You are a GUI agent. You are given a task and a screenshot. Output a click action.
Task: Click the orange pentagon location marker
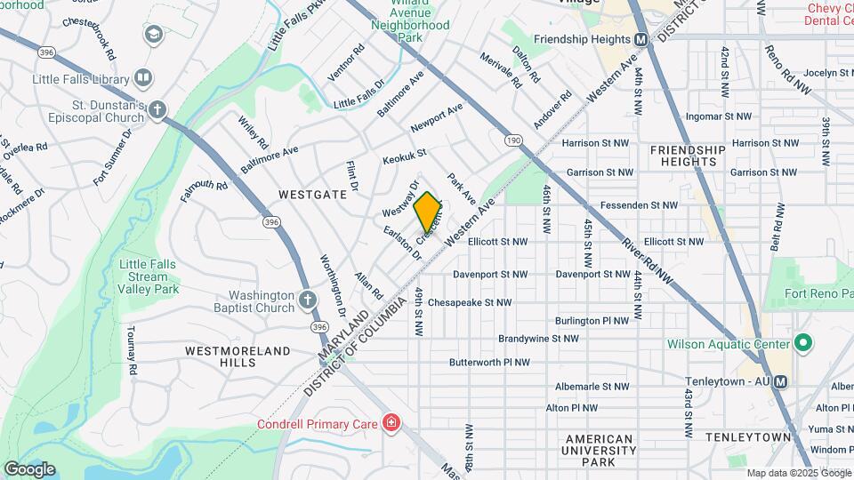[x=428, y=212]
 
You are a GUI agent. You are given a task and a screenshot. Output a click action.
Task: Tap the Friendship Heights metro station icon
[x=640, y=39]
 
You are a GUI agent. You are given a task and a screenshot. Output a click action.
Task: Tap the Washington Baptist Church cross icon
[x=307, y=301]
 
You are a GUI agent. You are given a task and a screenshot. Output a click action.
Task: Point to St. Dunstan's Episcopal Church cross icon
[x=157, y=110]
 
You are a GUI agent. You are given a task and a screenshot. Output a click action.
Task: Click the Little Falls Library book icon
[x=141, y=79]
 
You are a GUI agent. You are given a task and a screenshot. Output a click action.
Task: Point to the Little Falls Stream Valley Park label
[x=149, y=276]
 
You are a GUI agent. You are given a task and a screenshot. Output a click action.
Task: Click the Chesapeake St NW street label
[x=470, y=302]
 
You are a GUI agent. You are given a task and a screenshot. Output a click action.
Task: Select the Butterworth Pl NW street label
[x=489, y=363]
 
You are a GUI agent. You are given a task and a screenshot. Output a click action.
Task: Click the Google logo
[x=29, y=468]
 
